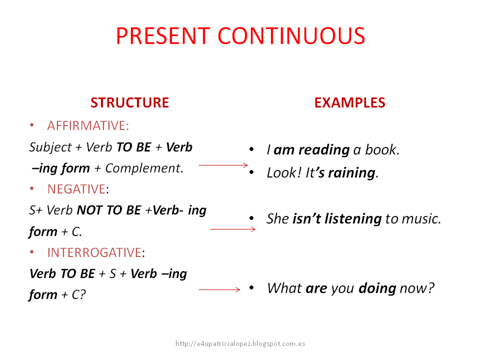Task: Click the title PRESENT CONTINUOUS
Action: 240,36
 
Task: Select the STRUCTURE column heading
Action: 129,103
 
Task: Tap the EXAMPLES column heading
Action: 349,103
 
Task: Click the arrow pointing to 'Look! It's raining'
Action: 223,164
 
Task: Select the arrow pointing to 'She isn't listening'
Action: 232,229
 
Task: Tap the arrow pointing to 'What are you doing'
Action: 219,289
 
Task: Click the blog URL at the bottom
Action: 240,343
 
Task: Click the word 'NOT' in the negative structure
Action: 90,210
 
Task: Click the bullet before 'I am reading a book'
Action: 252,150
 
